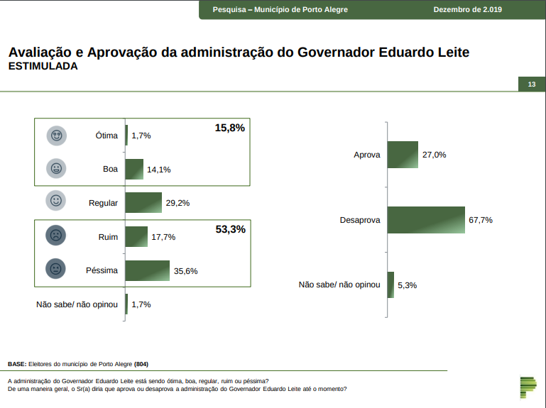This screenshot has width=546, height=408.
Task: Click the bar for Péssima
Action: (x=148, y=270)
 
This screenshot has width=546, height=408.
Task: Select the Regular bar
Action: (x=143, y=203)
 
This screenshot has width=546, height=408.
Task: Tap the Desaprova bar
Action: (x=426, y=220)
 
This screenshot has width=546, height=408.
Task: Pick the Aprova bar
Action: (x=403, y=155)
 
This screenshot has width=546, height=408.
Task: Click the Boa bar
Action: (x=134, y=169)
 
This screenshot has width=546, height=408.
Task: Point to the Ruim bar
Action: (x=136, y=236)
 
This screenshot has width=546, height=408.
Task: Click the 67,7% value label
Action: (x=481, y=220)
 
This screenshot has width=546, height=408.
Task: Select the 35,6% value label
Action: (x=185, y=271)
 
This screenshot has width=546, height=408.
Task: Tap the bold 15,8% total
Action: (x=229, y=128)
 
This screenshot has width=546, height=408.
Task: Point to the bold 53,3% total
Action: (x=229, y=229)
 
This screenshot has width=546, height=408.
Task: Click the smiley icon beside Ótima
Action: (x=56, y=135)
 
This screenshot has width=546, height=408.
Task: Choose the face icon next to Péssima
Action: (x=55, y=270)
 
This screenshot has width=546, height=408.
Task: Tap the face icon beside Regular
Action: (x=56, y=202)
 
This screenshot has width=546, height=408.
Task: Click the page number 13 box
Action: (x=531, y=85)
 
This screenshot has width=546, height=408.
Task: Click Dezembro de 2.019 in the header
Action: (x=467, y=9)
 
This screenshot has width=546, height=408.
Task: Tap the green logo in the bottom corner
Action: (x=528, y=387)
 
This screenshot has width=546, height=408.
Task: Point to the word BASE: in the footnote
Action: (x=17, y=363)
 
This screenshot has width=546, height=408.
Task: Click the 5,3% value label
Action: (x=407, y=285)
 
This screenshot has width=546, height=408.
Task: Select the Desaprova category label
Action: (x=360, y=220)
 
